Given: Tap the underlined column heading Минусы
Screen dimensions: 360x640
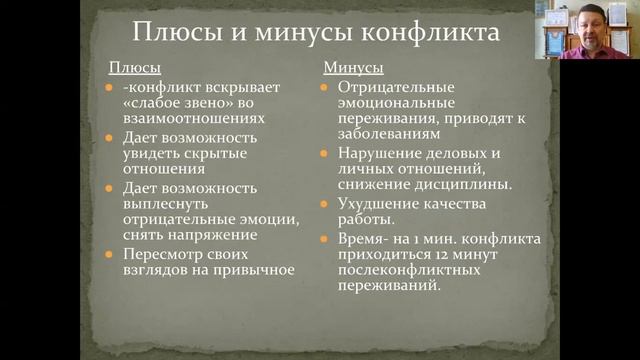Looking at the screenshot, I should click(x=353, y=69).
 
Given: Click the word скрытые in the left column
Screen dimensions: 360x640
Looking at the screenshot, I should click(x=228, y=152).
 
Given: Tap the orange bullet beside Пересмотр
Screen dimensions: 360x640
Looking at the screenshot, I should click(x=112, y=253).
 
